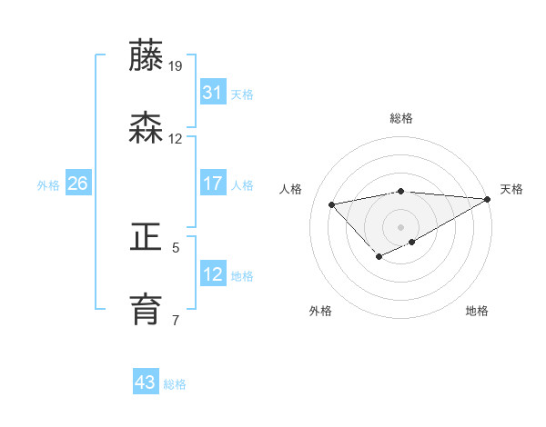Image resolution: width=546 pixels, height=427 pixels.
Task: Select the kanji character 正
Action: (146, 238)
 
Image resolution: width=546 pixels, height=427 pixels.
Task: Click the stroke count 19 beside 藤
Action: (176, 65)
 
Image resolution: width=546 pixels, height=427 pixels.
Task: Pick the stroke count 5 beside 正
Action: (176, 246)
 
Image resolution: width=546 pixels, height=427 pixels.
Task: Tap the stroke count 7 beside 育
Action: (176, 319)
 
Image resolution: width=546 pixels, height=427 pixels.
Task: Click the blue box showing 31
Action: (213, 92)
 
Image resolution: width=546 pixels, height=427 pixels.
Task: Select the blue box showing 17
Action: (213, 184)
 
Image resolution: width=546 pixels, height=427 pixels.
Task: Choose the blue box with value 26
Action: (77, 184)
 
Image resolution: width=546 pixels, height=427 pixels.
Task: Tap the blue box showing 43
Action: (146, 382)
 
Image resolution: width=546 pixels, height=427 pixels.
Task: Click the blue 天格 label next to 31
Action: (242, 94)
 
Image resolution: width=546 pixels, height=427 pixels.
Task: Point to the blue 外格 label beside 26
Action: (48, 184)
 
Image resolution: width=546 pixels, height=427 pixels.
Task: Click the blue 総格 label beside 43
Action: (175, 384)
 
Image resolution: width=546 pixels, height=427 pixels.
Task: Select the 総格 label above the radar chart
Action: (401, 118)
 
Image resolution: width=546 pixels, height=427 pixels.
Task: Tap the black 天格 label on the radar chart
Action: (511, 189)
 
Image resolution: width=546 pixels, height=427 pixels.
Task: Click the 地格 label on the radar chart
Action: (477, 311)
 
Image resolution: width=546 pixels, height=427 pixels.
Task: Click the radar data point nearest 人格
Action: (331, 204)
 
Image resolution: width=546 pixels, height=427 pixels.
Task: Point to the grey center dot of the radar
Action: (401, 226)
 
